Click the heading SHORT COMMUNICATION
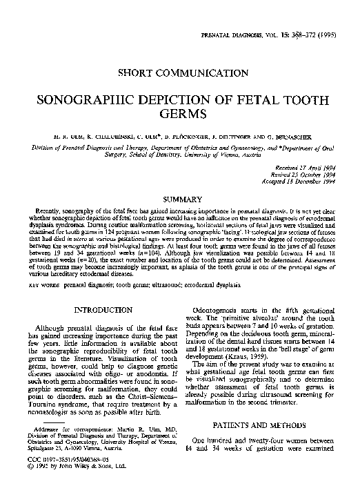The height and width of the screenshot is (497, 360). pos(180,71)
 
